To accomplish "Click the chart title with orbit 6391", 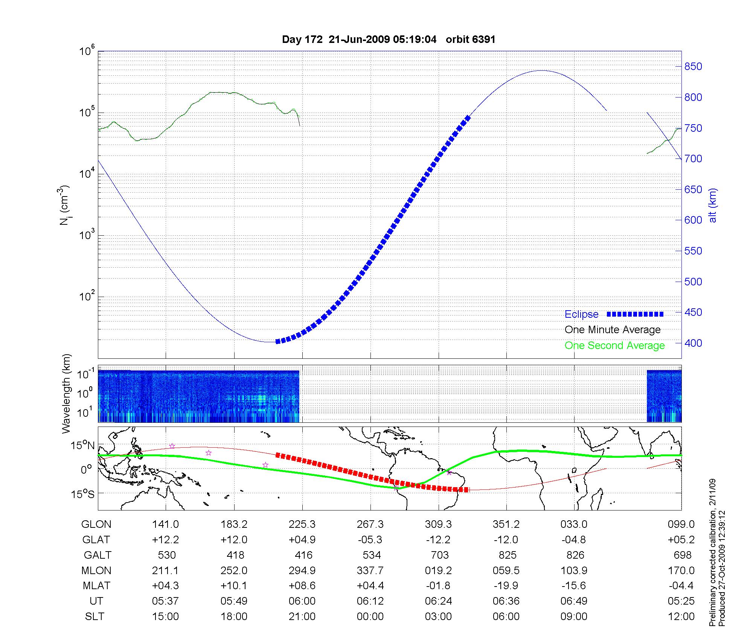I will point(389,40).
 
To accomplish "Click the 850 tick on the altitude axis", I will point(693,67).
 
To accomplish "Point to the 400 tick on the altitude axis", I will point(693,343).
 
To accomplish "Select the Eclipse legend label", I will point(581,314).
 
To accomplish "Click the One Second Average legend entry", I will point(614,346).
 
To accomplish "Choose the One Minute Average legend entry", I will point(613,330).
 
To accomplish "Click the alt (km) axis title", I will point(713,206).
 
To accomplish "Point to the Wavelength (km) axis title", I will point(67,394).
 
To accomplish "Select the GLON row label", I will point(96,524).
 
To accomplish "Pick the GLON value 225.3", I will point(302,524).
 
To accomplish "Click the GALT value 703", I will point(439,555).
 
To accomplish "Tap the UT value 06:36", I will point(506,601).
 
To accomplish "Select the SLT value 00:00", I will point(370,617).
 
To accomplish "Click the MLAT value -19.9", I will point(506,586).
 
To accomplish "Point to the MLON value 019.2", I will point(438,571).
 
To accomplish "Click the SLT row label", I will point(95,617).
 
